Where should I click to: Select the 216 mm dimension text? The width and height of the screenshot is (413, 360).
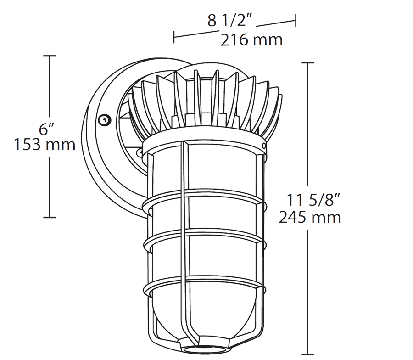pos(251,40)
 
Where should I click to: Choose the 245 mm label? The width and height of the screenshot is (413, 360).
pos(310,217)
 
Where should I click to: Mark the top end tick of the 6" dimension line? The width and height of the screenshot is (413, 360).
pos(50,56)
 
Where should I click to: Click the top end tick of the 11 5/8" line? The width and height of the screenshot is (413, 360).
pos(307,62)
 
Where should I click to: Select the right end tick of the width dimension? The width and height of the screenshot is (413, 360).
pos(296,20)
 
